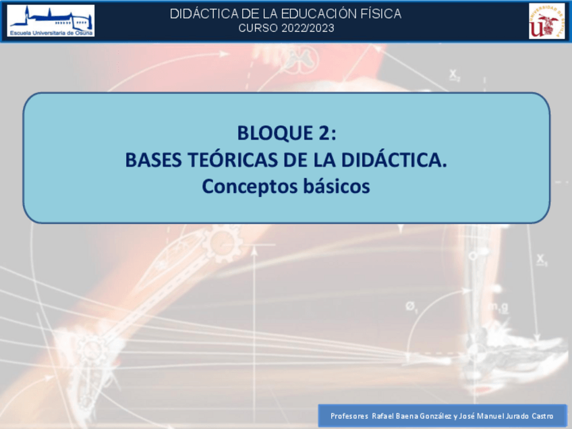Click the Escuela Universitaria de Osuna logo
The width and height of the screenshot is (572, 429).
(x=51, y=20)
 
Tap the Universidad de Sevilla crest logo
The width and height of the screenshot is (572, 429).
(x=546, y=20)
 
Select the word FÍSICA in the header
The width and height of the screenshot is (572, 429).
(x=382, y=13)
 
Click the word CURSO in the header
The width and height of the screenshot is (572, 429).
(x=254, y=28)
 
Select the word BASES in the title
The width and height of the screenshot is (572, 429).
(x=152, y=161)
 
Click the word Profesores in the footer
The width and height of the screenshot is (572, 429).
(x=348, y=416)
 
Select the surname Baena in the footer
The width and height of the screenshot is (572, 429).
(x=407, y=416)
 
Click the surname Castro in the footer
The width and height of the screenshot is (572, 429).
(x=541, y=416)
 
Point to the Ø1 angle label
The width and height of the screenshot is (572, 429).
(x=412, y=307)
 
